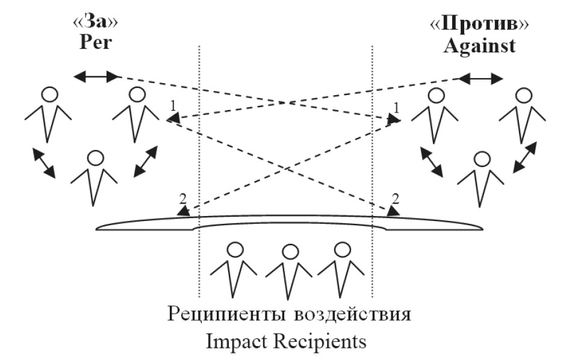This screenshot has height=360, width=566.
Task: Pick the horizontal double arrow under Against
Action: pos(480,78)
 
